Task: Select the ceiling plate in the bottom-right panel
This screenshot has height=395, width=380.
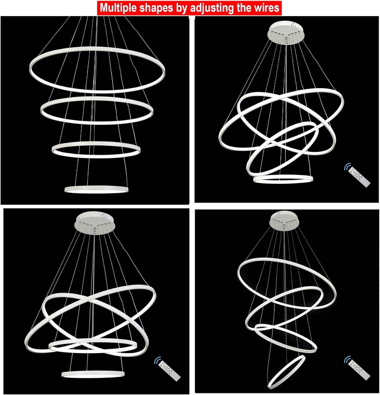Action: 284,221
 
